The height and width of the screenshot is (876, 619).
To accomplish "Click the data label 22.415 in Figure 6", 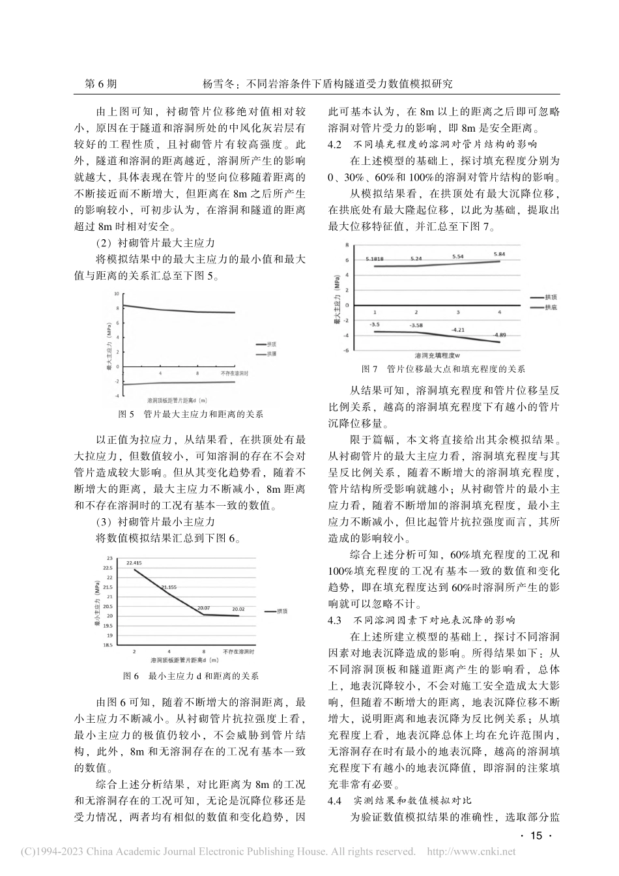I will pyautogui.click(x=135, y=562).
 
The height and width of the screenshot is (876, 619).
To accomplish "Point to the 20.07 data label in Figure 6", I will pyautogui.click(x=206, y=607).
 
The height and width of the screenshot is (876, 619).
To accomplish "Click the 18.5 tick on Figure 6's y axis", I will pyautogui.click(x=108, y=645).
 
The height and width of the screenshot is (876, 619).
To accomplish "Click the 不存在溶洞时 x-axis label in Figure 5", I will pyautogui.click(x=235, y=374).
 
